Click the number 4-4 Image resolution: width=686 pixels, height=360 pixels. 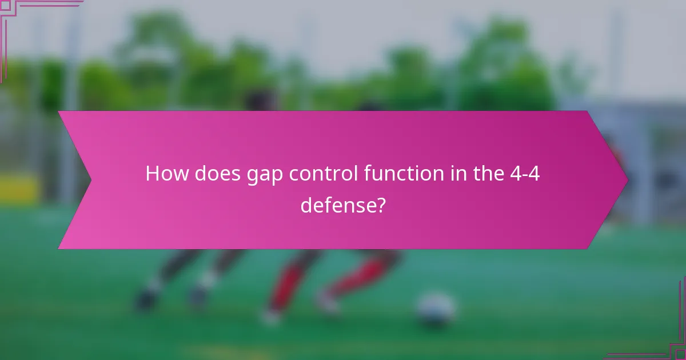click(x=525, y=174)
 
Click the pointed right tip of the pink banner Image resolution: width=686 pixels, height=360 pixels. click(x=627, y=180)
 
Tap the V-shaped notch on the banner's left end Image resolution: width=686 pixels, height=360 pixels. click(x=90, y=180)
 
